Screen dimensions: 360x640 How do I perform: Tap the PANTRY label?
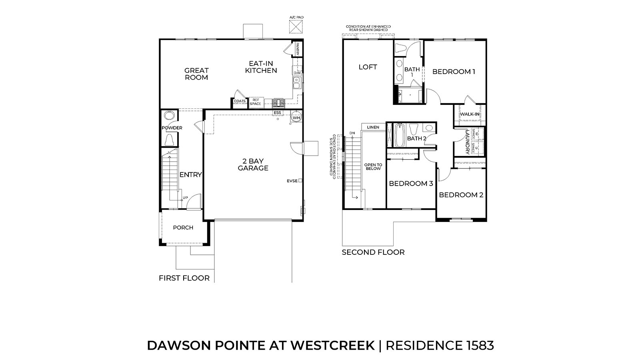[x=298, y=49]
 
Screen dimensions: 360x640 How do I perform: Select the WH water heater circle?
[x=296, y=118]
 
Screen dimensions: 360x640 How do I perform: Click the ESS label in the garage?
[x=277, y=113]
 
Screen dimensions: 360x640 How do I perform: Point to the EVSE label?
[x=292, y=181]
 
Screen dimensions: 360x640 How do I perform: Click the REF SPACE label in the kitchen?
[x=256, y=102]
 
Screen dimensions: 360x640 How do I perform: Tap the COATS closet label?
[x=240, y=101]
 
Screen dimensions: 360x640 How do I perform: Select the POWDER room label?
[x=172, y=128]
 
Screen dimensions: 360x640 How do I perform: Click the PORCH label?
[x=183, y=228]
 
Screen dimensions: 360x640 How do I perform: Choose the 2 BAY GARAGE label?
[x=253, y=164]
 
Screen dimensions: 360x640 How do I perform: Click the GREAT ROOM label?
[x=196, y=74]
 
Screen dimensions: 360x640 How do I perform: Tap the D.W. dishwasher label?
[x=297, y=73]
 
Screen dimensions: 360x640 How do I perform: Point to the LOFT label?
[x=368, y=67]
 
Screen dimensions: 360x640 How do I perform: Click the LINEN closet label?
[x=373, y=127]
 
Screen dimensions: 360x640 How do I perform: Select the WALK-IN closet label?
[x=470, y=114]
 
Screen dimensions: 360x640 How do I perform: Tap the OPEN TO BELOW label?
[x=373, y=167]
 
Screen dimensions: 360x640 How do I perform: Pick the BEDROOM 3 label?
[x=411, y=184]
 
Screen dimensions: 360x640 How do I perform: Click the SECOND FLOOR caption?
[x=373, y=252]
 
